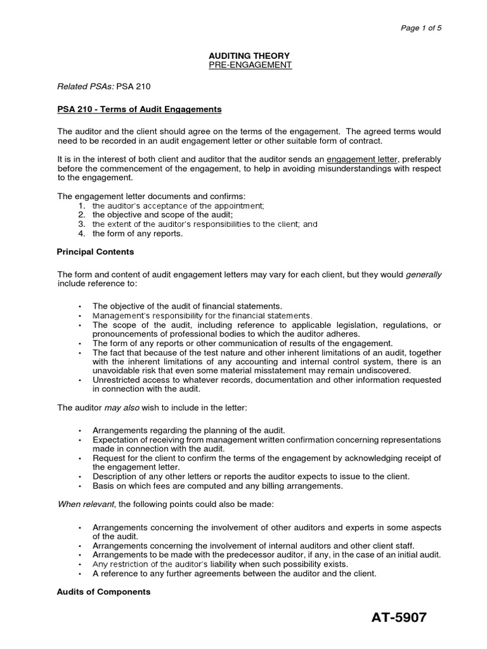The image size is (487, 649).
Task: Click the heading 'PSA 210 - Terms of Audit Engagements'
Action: click(x=139, y=110)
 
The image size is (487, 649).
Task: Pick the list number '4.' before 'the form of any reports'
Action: click(x=81, y=233)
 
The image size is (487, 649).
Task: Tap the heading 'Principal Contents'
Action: click(x=95, y=252)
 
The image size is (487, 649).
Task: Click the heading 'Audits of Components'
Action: click(x=103, y=591)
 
